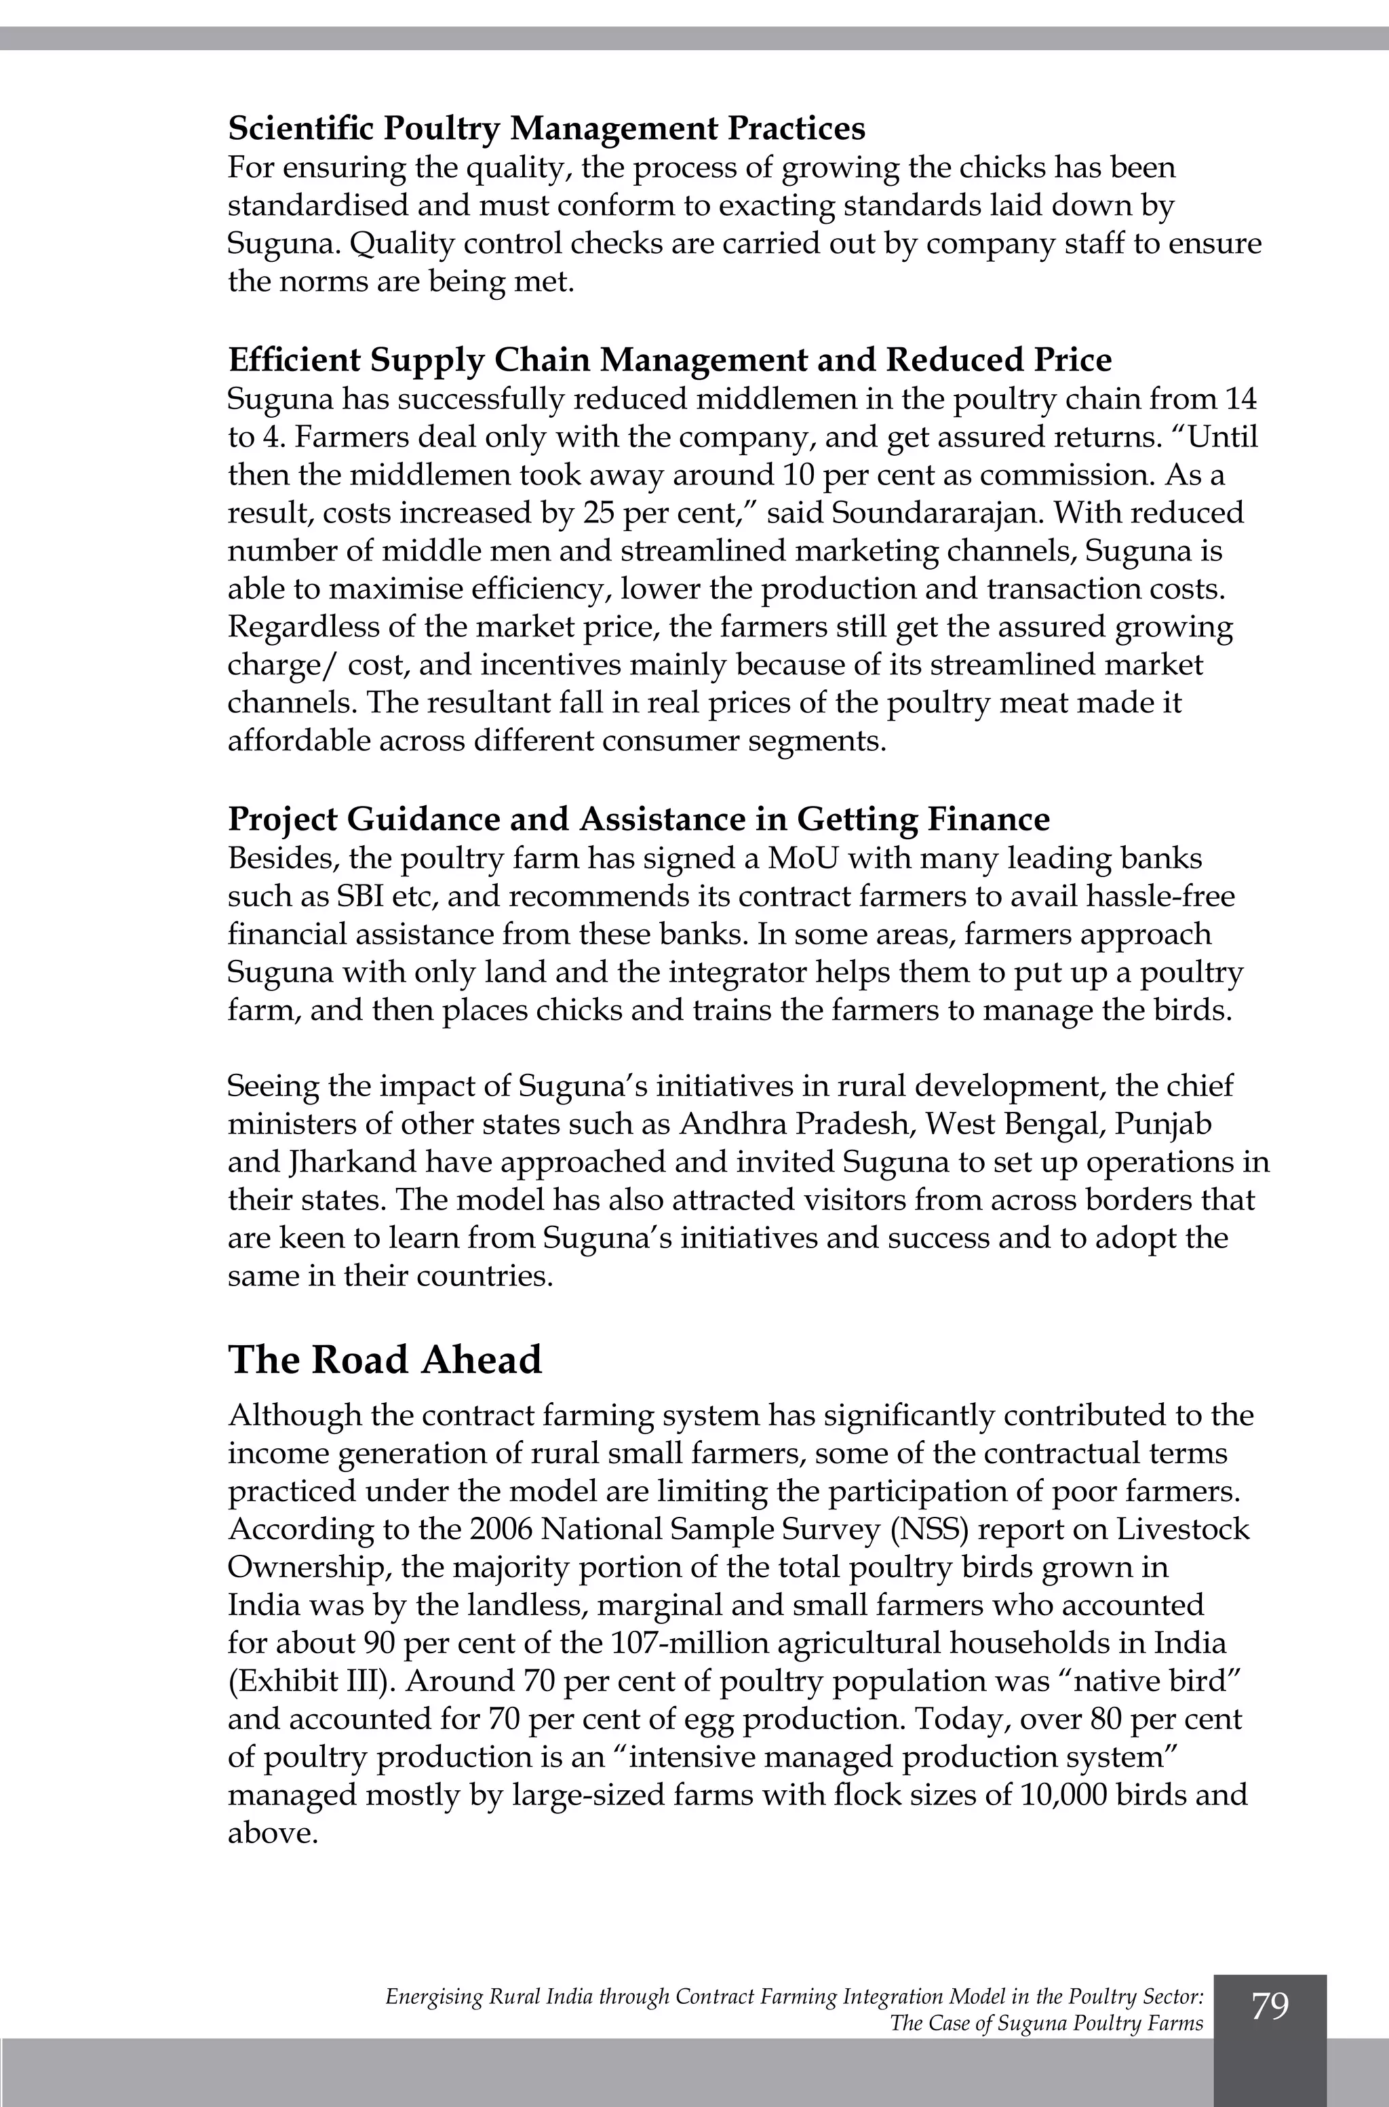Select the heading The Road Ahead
tap(385, 1359)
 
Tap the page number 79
tap(1270, 2006)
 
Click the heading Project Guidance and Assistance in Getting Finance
tap(638, 819)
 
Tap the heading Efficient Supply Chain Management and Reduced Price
tap(669, 360)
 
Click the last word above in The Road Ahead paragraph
tap(271, 1833)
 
